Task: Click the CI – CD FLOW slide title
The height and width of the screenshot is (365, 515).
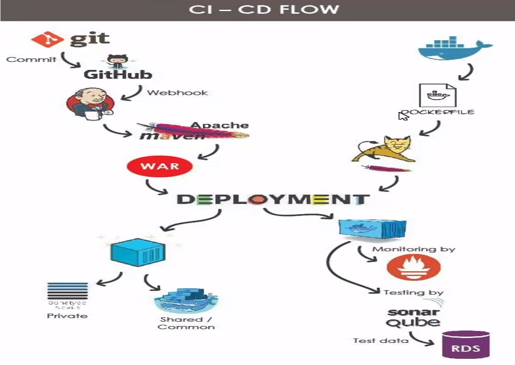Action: [264, 10]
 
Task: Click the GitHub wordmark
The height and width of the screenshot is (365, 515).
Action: [118, 74]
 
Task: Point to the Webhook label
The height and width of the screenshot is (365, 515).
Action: [177, 93]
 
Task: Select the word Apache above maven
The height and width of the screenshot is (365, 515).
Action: [220, 125]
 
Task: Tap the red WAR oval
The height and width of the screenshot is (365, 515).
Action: [159, 167]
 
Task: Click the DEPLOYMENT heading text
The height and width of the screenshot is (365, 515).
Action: [273, 200]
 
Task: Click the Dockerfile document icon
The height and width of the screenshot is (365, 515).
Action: [438, 95]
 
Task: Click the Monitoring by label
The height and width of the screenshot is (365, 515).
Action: [414, 249]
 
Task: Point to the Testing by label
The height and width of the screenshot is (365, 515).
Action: [414, 292]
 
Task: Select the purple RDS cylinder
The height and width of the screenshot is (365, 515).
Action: [466, 344]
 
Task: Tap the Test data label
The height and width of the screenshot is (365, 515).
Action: [380, 341]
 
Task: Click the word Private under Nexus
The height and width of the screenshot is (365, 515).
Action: [67, 316]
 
